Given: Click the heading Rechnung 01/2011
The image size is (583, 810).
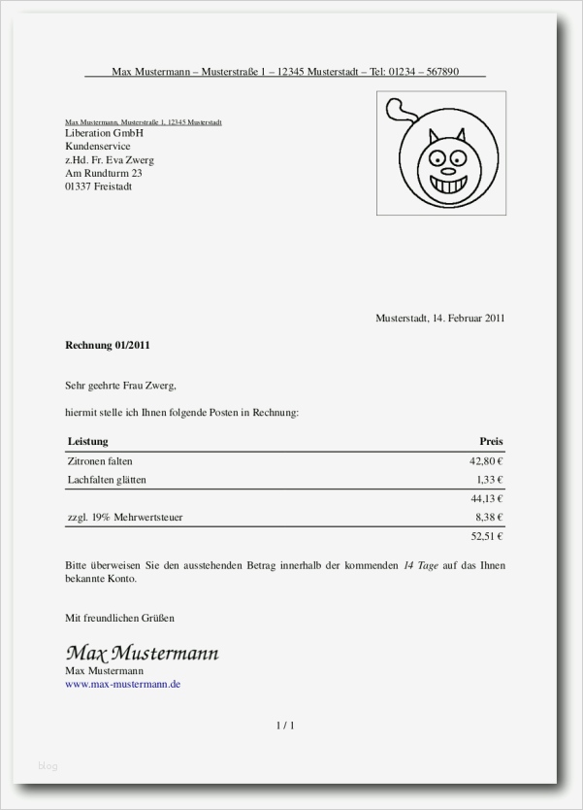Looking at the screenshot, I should click(108, 345).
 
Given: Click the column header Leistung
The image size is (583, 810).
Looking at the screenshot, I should click(87, 442).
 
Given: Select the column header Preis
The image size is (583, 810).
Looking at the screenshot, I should click(491, 442).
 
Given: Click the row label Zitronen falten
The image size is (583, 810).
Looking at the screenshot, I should click(100, 461).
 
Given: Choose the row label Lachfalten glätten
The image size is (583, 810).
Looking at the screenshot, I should click(108, 480).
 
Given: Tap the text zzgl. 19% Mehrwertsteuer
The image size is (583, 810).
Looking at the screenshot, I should click(125, 518).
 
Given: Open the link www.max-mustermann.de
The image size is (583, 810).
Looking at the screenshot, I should click(122, 685).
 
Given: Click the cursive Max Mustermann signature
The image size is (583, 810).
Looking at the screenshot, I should click(142, 652).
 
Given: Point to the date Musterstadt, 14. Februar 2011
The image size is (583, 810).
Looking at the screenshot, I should click(439, 318).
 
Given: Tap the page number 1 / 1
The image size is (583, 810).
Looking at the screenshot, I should click(285, 726).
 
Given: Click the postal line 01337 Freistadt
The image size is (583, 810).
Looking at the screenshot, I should click(99, 186).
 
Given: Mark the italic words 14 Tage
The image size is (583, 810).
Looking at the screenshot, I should click(421, 565).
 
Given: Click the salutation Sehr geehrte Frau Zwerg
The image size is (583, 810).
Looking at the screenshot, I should click(120, 386).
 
